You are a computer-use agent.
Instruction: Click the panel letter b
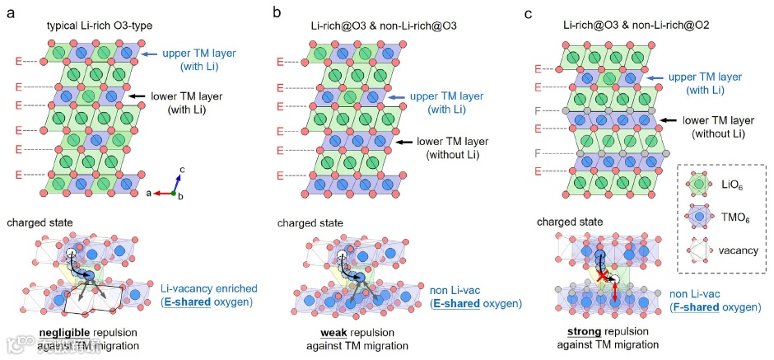(277, 13)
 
